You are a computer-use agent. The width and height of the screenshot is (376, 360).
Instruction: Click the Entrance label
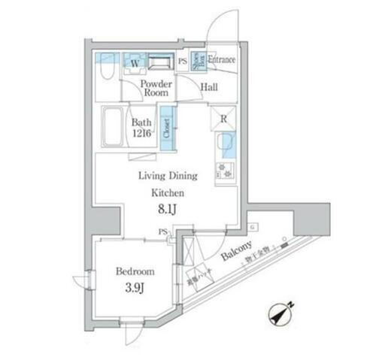click(221, 60)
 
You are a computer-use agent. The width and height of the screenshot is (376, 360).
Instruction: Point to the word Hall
click(210, 87)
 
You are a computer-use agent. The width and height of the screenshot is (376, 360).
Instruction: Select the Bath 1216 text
click(143, 127)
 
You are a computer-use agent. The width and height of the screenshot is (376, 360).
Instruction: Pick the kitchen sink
click(225, 144)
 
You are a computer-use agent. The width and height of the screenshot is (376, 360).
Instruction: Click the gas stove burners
click(225, 172)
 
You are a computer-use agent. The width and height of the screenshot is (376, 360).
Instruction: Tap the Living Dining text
click(167, 176)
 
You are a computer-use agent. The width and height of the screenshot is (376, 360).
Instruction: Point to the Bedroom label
click(135, 271)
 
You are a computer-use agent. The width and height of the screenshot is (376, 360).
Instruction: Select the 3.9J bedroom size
click(135, 288)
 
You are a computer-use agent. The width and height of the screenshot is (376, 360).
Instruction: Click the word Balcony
click(238, 259)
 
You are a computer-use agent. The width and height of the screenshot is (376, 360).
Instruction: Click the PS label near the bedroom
click(162, 233)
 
